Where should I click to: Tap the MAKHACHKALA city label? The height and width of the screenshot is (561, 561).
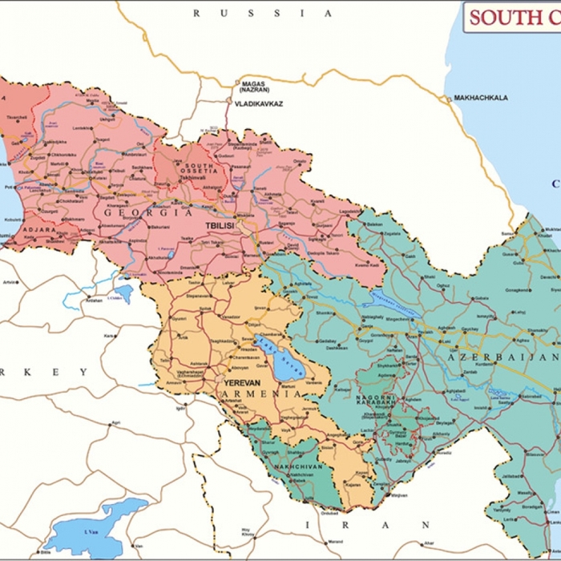tap(481, 98)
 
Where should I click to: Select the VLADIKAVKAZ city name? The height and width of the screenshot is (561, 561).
tap(258, 104)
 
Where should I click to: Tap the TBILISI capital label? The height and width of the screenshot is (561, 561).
tap(219, 226)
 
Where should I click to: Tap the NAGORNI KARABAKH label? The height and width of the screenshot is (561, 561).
tap(376, 401)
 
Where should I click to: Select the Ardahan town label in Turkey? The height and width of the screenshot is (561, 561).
tap(95, 301)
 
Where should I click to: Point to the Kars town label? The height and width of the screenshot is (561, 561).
tap(109, 336)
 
